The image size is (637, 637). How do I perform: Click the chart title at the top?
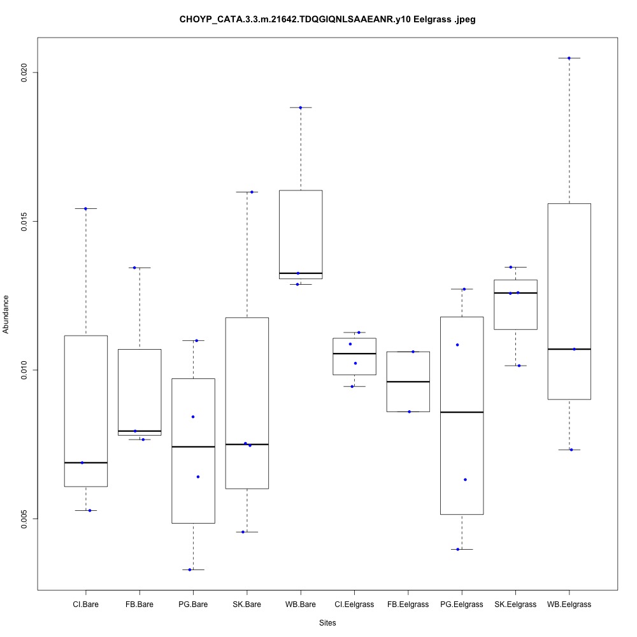[327, 20]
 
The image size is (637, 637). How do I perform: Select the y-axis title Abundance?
[7, 314]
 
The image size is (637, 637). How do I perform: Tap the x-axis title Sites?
[327, 622]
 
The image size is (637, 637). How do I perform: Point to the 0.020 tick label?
[25, 72]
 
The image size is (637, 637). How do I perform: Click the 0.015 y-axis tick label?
[25, 221]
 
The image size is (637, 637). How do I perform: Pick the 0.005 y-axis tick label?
[25, 519]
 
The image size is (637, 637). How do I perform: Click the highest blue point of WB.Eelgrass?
[569, 58]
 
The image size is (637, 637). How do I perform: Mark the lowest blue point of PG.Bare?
[190, 569]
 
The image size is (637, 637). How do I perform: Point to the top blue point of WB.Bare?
[300, 108]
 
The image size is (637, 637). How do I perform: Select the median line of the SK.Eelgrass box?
[515, 293]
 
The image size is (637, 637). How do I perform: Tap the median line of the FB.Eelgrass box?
[408, 382]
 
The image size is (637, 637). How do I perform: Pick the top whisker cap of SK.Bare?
[247, 192]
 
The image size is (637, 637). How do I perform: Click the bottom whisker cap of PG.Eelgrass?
[461, 549]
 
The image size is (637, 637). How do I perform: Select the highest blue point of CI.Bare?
[85, 208]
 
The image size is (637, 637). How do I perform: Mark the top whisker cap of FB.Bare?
[140, 268]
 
